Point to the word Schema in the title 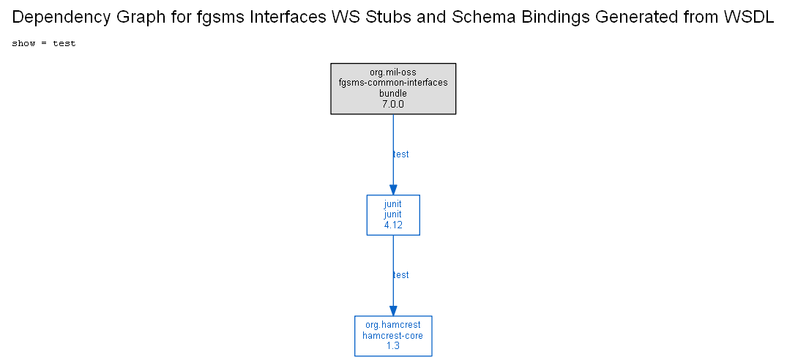[x=483, y=17]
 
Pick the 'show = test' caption [x=44, y=44]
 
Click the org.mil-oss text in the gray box [x=393, y=72]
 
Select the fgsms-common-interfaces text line [x=393, y=83]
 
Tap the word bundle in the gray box [x=393, y=93]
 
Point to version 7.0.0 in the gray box [x=393, y=105]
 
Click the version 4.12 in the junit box [x=393, y=225]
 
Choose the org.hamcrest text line [x=393, y=325]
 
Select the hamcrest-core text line [x=393, y=335]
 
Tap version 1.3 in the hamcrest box [x=393, y=346]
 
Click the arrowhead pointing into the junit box [x=393, y=190]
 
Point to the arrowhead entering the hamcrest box [x=393, y=310]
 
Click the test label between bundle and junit [x=400, y=154]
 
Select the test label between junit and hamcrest [x=400, y=275]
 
